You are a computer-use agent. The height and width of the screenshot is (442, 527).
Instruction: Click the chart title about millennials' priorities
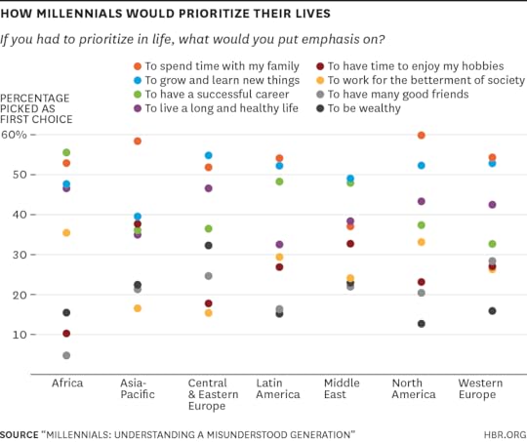tap(180, 14)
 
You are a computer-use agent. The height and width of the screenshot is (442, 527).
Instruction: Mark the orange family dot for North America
tap(421, 136)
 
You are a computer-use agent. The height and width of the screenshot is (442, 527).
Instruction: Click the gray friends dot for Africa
tap(66, 355)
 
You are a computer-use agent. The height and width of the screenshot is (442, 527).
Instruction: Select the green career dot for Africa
tap(66, 152)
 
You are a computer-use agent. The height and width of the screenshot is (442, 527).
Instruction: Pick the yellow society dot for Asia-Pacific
tap(138, 308)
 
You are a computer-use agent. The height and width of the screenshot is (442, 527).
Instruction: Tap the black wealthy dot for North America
tap(421, 324)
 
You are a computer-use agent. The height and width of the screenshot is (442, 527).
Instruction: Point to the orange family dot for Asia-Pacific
tap(138, 141)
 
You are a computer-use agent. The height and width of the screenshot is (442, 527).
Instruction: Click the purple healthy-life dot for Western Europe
tap(492, 205)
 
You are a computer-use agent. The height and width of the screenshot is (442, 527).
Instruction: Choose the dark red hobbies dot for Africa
tap(66, 334)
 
